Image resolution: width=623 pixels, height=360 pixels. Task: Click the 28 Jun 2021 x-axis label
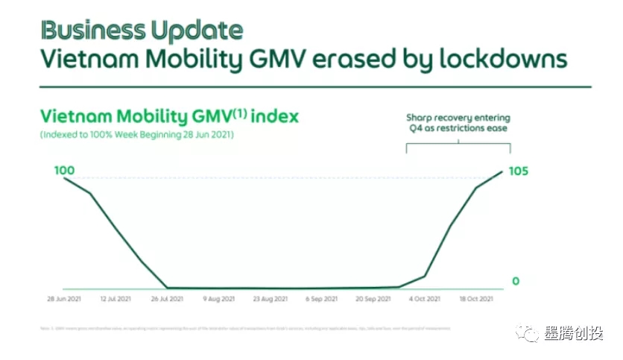63,299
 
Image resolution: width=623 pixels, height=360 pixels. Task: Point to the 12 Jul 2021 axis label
116,299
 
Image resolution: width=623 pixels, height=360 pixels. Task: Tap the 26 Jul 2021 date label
167,299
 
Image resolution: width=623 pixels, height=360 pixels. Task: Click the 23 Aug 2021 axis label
270,299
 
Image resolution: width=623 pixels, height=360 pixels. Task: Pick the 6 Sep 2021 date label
321,299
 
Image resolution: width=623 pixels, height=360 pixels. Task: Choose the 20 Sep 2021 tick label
373,299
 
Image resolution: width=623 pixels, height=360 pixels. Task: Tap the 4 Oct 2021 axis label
425,299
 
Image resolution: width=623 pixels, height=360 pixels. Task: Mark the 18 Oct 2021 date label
476,299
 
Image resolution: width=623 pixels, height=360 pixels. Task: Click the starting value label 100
65,171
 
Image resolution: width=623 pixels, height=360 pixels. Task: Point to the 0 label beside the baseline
515,281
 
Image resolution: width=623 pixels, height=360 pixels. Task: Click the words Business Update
141,31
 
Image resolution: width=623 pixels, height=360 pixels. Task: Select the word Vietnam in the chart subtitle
79,116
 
